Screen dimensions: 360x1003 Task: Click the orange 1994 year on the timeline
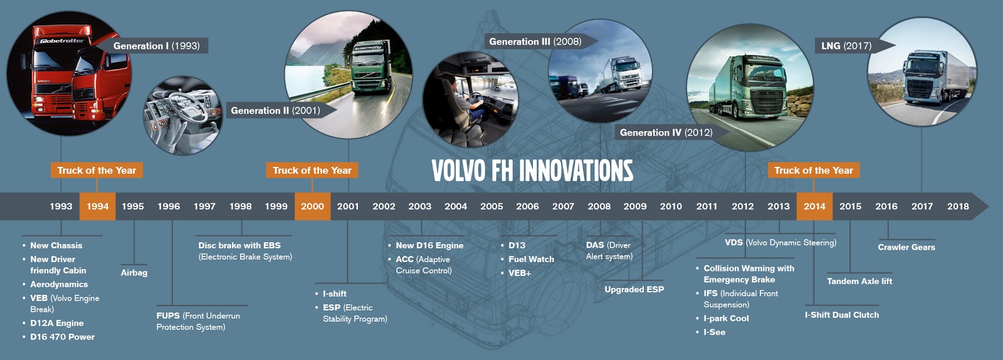(97, 206)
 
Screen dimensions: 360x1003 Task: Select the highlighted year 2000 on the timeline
(312, 206)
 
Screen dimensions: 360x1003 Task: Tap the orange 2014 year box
(814, 206)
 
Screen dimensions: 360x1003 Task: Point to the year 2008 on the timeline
(599, 206)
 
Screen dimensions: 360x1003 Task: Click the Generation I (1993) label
(156, 46)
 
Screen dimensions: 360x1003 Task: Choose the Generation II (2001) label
(275, 110)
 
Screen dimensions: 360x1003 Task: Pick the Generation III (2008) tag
(535, 41)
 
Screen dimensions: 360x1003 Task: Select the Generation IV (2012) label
(666, 132)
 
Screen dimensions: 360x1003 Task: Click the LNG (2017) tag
(846, 46)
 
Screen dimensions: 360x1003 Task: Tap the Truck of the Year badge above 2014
(813, 170)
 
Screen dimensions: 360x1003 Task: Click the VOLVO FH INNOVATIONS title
(532, 171)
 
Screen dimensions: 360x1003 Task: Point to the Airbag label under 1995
(134, 272)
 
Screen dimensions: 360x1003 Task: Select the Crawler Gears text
(906, 247)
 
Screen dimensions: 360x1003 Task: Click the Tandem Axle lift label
(859, 281)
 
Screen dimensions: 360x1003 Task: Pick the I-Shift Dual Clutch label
(841, 315)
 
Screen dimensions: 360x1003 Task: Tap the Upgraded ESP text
(634, 289)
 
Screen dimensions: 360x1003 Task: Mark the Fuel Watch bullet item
(531, 259)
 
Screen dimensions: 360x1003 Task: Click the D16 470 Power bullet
(62, 337)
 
